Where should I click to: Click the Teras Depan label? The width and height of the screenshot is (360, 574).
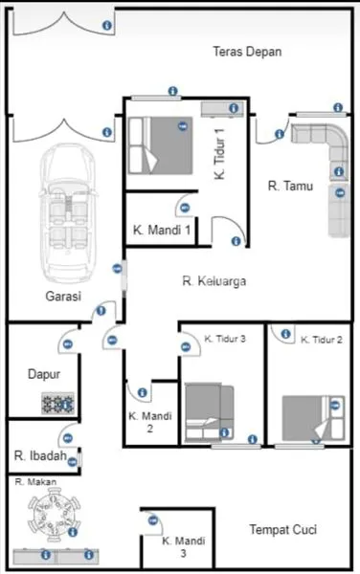pos(247,52)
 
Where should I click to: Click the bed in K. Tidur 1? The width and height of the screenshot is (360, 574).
pos(158,143)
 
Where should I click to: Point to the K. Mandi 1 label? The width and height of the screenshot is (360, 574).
pos(161,231)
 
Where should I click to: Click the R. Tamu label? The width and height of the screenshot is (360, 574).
pos(290,187)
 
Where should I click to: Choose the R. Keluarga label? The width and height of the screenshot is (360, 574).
pos(215,281)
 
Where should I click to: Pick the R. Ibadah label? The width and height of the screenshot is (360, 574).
pos(40,456)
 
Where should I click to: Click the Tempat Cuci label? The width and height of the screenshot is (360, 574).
pos(282,529)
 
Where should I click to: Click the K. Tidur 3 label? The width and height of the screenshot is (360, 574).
pos(226,339)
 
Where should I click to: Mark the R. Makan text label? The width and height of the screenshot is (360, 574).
pos(33,483)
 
